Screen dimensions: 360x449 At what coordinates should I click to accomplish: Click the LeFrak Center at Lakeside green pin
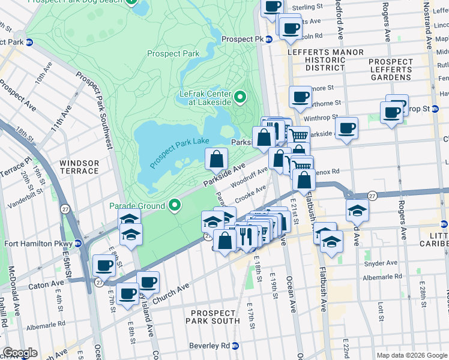[240, 97]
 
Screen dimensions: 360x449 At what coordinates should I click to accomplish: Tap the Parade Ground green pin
[175, 206]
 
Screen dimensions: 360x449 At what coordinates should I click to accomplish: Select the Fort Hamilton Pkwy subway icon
[77, 244]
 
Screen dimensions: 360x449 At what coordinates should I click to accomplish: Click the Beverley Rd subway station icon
[235, 346]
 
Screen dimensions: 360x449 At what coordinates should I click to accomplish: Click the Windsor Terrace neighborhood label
[79, 167]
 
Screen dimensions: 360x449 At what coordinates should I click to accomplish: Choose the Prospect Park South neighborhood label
[213, 318]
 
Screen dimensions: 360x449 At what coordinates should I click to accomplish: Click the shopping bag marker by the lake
[217, 160]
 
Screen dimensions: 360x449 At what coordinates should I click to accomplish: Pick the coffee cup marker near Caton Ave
[104, 265]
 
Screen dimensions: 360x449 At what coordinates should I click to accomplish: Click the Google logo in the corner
[20, 353]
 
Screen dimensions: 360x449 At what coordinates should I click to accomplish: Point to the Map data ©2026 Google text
[412, 355]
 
